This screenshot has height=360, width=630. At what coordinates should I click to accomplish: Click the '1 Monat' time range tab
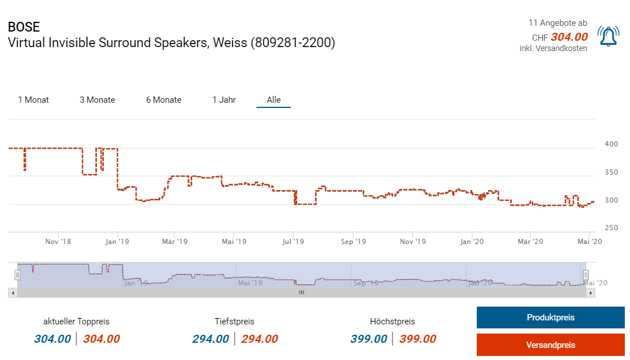33,100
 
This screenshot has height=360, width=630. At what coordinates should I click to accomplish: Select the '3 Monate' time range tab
98,100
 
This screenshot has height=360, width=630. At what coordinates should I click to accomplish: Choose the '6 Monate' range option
164,100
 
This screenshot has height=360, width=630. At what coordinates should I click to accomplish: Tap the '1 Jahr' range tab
224,100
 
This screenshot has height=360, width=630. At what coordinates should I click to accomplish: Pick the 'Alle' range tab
274,100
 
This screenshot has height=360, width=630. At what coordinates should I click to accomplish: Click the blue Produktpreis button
550,318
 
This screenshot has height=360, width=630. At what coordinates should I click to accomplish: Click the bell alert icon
608,36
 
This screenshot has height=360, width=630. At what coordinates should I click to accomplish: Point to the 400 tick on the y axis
611,144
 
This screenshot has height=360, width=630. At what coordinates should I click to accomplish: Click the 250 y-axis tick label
611,228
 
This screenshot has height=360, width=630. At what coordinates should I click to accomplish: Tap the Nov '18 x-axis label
59,242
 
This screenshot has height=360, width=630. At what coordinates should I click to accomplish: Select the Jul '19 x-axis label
293,242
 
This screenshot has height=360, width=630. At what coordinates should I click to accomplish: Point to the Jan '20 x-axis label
472,242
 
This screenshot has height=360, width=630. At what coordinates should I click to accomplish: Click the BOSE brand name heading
24,27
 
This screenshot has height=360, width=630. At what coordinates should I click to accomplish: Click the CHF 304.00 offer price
569,37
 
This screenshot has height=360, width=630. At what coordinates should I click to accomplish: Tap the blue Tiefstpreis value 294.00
211,339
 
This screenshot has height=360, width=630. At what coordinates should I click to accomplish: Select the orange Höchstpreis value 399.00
418,339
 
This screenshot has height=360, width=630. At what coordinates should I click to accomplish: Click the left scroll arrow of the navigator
12,293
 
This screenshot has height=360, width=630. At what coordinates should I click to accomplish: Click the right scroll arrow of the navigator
591,293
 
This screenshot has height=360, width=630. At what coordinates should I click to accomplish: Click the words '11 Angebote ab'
557,23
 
